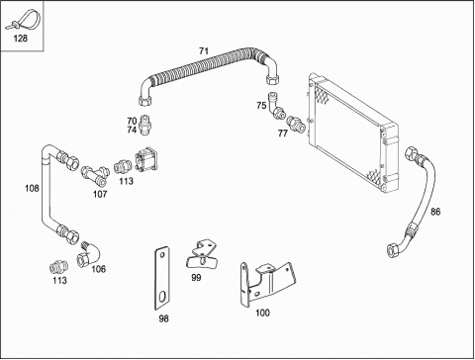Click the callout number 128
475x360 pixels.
(20, 39)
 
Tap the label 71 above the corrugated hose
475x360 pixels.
(204, 51)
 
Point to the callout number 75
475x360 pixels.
(261, 106)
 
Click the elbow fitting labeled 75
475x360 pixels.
(276, 106)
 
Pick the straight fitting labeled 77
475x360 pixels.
(296, 124)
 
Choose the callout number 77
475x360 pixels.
(283, 134)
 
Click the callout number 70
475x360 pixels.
(132, 122)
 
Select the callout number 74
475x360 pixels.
(132, 131)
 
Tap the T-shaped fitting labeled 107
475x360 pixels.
(95, 174)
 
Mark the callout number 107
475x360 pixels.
(100, 194)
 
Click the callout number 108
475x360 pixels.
(32, 188)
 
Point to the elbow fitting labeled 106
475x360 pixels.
(90, 255)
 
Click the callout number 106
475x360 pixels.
(99, 269)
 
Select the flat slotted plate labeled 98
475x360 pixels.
(162, 279)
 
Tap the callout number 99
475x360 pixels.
(196, 278)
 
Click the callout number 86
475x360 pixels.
(435, 212)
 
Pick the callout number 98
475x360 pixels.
(163, 318)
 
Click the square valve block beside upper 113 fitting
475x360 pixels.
(146, 159)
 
